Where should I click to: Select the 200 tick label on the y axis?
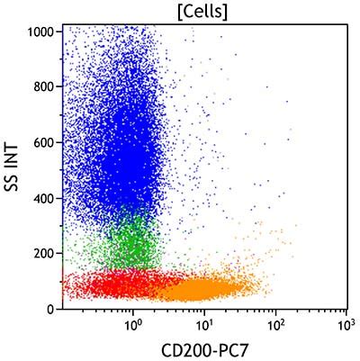[x=43, y=254]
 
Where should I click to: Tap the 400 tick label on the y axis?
[x=43, y=198]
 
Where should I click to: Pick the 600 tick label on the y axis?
[x=43, y=142]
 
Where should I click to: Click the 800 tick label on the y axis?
[x=43, y=86]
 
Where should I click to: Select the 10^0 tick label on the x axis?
[x=132, y=323]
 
